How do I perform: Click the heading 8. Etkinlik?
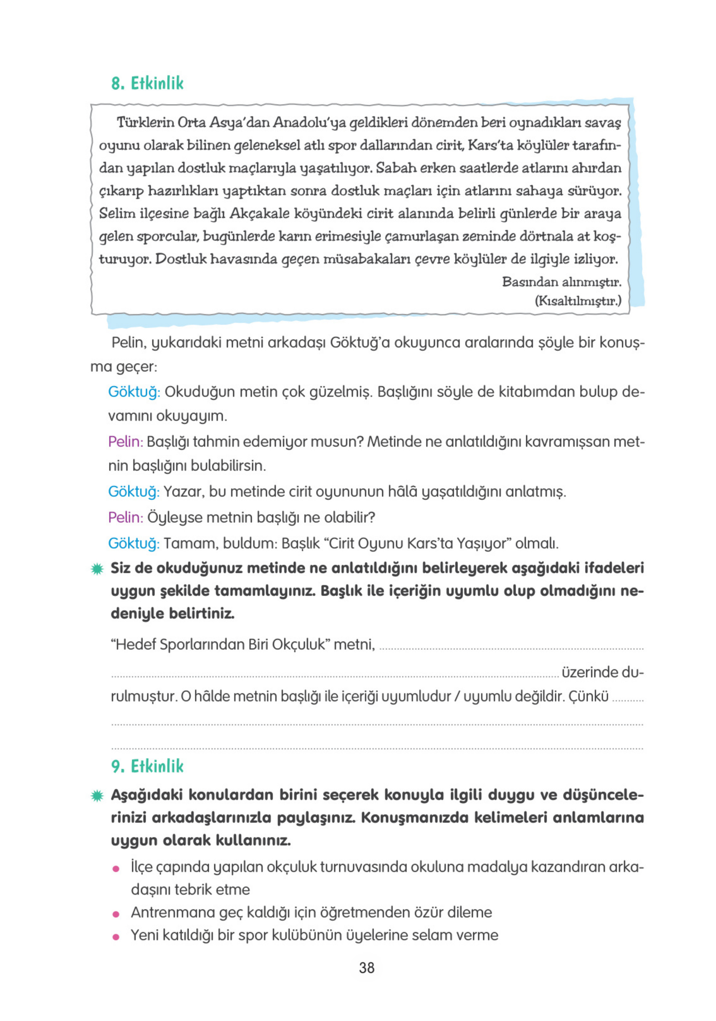point(147,83)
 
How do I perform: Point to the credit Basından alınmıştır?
point(562,282)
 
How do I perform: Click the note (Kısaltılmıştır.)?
point(578,301)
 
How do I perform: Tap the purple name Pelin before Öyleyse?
point(125,518)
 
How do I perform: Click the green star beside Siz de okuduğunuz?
point(97,569)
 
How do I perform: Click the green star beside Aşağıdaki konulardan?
point(97,796)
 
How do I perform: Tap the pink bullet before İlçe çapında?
point(117,869)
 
